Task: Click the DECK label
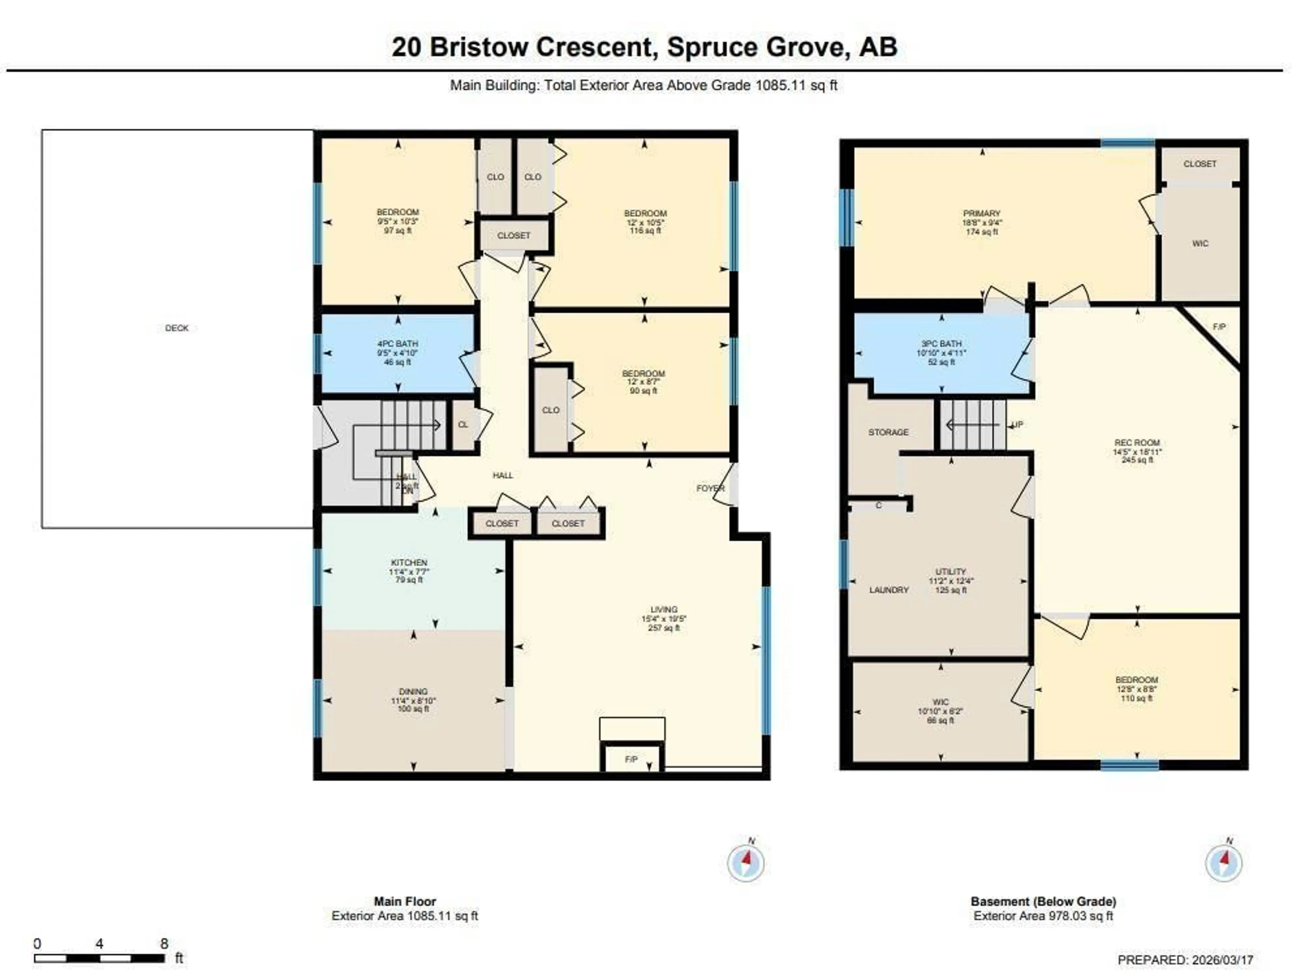[x=177, y=328]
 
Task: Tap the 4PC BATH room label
[x=398, y=344]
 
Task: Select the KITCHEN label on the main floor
[x=409, y=562]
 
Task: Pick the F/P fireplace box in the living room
[x=631, y=759]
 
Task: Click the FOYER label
[x=710, y=488]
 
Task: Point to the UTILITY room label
[x=950, y=572]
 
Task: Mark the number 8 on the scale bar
[x=164, y=944]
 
